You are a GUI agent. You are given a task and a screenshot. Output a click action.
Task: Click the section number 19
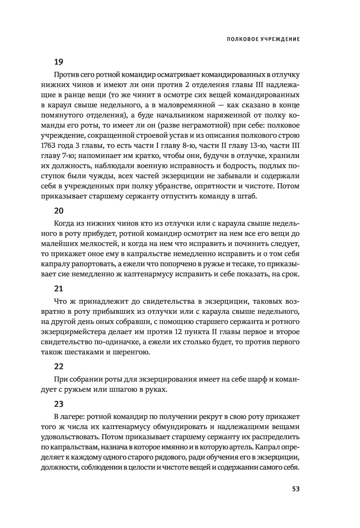point(59,62)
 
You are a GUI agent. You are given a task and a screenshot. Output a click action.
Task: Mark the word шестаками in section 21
point(90,352)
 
